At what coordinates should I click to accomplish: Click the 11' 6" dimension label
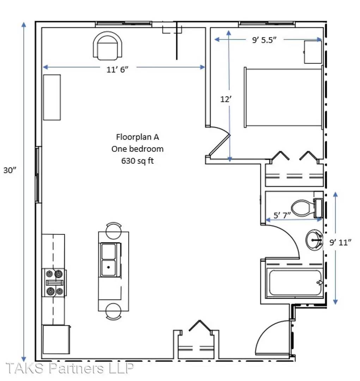pyautogui.click(x=117, y=69)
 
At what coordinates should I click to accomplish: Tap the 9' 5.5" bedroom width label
pyautogui.click(x=264, y=40)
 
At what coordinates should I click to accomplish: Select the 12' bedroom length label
pyautogui.click(x=226, y=99)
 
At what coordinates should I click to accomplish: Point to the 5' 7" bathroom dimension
pyautogui.click(x=282, y=215)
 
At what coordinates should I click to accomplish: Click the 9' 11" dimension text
pyautogui.click(x=340, y=242)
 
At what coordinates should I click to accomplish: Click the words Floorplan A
pyautogui.click(x=138, y=137)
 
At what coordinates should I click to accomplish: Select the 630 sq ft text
pyautogui.click(x=138, y=161)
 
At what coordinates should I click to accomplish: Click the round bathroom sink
pyautogui.click(x=314, y=240)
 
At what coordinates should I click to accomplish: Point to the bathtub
pyautogui.click(x=295, y=283)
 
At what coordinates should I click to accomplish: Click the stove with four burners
pyautogui.click(x=54, y=283)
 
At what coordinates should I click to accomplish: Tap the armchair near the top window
pyautogui.click(x=108, y=46)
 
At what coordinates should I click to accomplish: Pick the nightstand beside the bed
pyautogui.click(x=313, y=52)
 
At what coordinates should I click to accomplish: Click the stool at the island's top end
pyautogui.click(x=114, y=230)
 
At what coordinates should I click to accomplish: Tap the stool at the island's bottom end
pyautogui.click(x=114, y=312)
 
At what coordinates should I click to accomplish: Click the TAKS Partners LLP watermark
pyautogui.click(x=69, y=368)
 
